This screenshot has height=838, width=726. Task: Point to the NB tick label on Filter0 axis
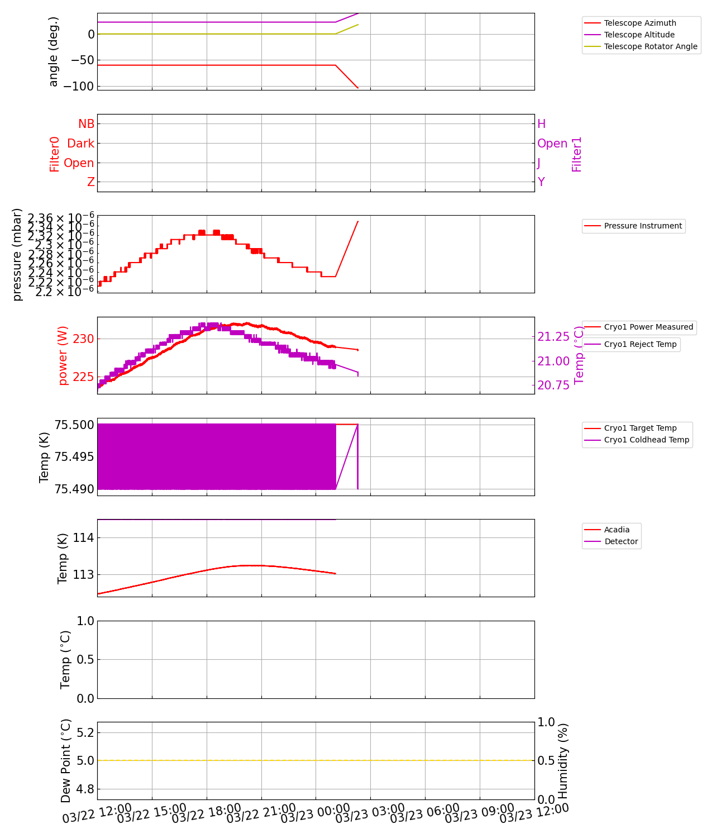point(86,124)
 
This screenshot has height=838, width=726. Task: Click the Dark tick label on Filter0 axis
point(80,144)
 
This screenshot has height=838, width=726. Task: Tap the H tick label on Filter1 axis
point(541,124)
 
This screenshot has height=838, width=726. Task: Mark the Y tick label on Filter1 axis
point(541,182)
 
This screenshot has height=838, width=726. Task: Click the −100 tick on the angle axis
point(79,87)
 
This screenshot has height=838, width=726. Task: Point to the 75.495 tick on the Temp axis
point(74,457)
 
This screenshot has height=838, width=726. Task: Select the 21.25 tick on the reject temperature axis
point(553,336)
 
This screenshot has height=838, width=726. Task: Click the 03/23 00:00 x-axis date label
point(315,813)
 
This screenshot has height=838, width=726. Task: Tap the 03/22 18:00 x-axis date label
point(206,813)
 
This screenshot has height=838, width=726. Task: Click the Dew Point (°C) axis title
point(66,761)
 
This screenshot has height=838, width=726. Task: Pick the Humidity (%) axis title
point(563,761)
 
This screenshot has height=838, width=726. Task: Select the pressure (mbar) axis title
point(17,254)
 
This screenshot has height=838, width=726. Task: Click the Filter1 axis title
point(577,154)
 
